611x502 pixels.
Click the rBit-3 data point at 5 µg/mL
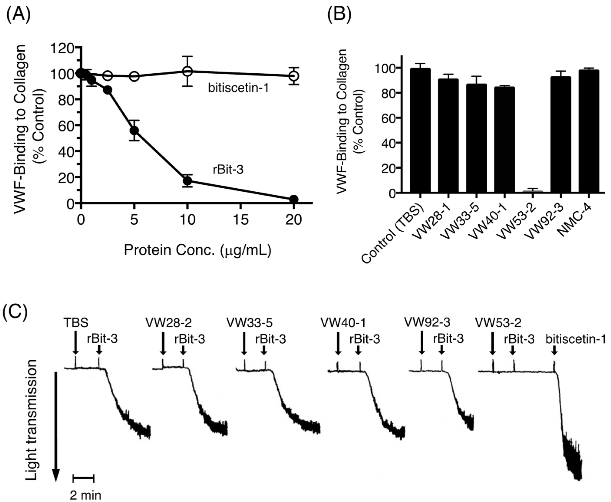coord(134,131)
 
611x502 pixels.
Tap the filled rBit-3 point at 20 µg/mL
coord(294,199)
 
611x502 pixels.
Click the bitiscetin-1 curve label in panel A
coord(238,88)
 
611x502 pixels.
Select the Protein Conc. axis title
coord(198,250)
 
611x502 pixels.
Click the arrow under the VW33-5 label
coord(244,343)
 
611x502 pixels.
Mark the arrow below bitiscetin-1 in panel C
coord(554,351)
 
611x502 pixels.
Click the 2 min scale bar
coord(83,479)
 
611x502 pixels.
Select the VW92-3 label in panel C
coord(427,323)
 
